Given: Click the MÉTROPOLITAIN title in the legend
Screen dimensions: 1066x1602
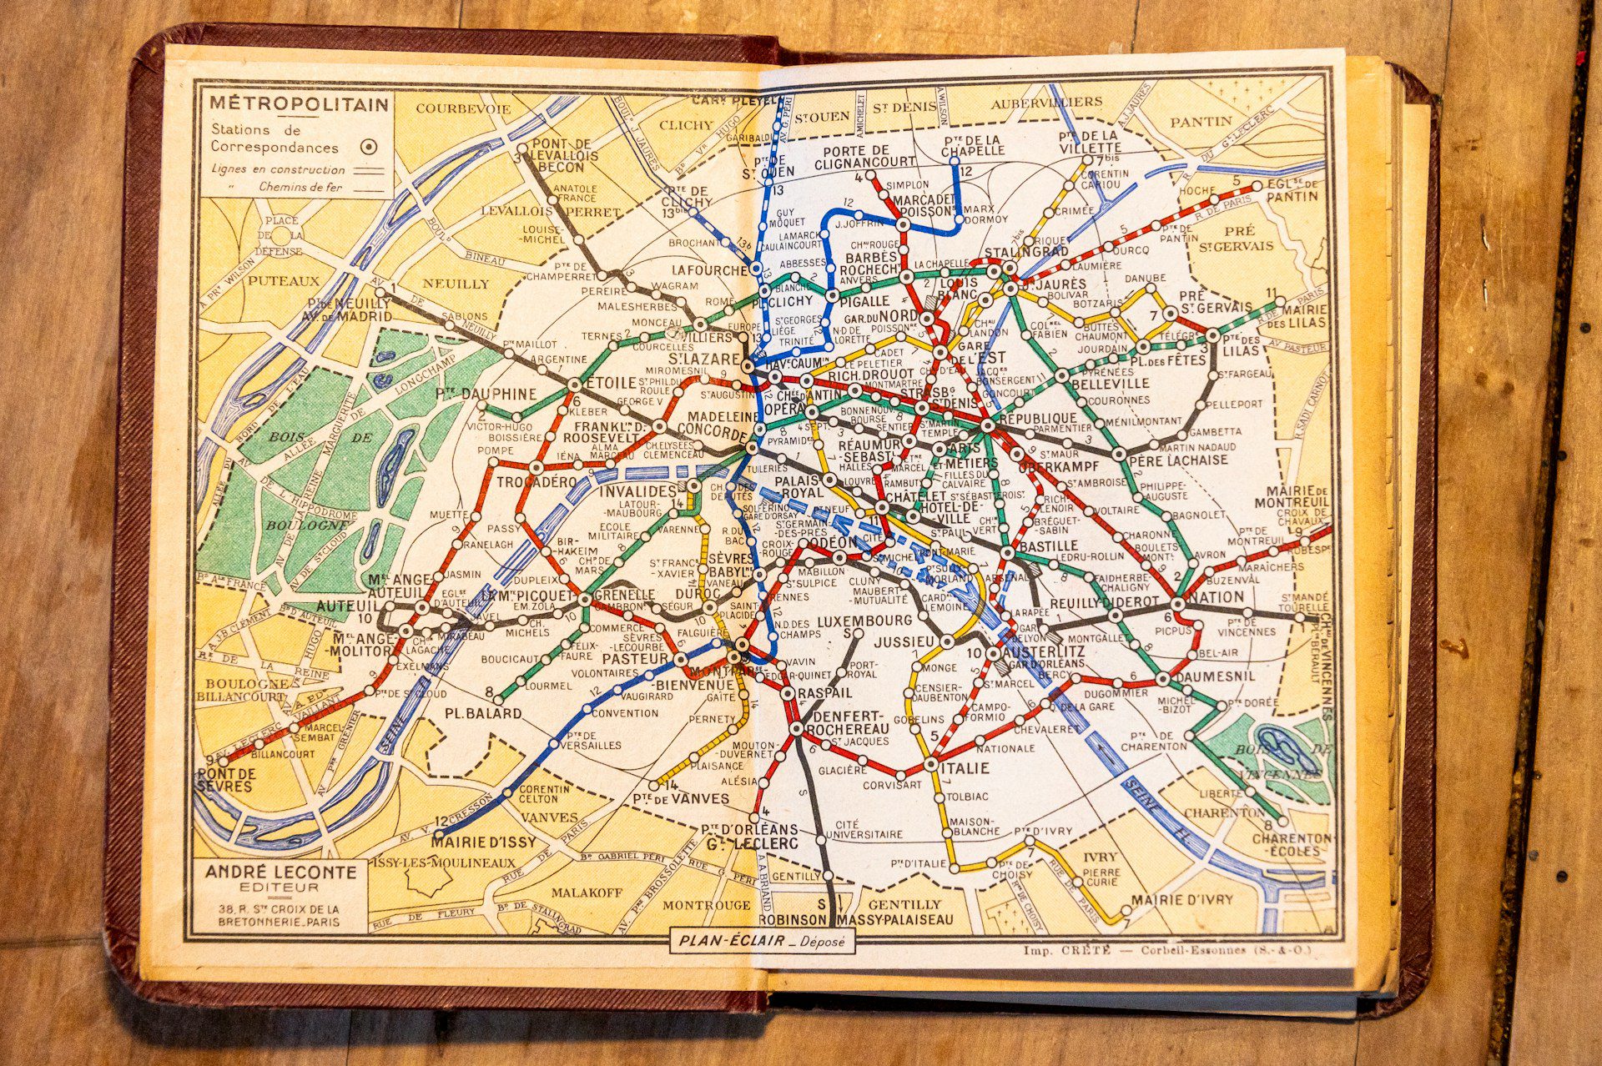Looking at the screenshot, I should tap(299, 104).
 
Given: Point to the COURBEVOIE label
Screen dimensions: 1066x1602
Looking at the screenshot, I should tap(463, 108).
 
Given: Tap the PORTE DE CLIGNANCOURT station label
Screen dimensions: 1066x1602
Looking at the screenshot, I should tap(868, 158).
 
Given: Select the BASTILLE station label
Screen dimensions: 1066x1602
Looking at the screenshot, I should tap(1048, 546).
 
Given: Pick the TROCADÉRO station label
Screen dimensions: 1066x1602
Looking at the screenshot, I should tap(537, 482).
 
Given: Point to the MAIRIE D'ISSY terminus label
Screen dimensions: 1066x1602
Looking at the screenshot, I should tap(484, 842).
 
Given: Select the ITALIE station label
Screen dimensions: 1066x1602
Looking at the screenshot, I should tap(965, 767).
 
